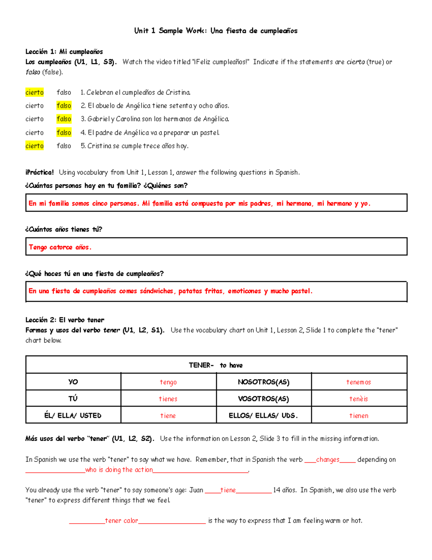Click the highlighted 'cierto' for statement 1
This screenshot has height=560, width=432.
pyautogui.click(x=35, y=93)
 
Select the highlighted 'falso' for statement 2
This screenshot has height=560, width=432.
pyautogui.click(x=64, y=106)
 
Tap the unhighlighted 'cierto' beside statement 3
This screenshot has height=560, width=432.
pyautogui.click(x=35, y=119)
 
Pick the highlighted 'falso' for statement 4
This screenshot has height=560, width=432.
pyautogui.click(x=64, y=133)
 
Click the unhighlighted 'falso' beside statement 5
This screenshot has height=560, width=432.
pyautogui.click(x=64, y=146)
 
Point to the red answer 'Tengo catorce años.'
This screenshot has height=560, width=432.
pyautogui.click(x=60, y=247)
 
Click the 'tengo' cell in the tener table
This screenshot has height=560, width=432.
pyautogui.click(x=168, y=382)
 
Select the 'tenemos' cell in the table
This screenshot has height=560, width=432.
pyautogui.click(x=359, y=382)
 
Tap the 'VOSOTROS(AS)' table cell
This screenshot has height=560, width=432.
pyautogui.click(x=264, y=399)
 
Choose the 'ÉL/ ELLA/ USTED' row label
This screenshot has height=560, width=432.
pyautogui.click(x=73, y=415)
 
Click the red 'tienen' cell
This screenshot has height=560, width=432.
pyautogui.click(x=359, y=416)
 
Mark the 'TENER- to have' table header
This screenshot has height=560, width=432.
pyautogui.click(x=216, y=365)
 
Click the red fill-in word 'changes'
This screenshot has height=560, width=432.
pyautogui.click(x=328, y=460)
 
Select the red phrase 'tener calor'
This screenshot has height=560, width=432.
pyautogui.click(x=121, y=521)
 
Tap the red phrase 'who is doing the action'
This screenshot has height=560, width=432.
pyautogui.click(x=119, y=470)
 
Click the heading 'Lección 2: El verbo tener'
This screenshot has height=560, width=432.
pyautogui.click(x=65, y=320)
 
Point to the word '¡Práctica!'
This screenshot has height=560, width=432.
pyautogui.click(x=40, y=172)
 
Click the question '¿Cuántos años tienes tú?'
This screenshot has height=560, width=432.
pyautogui.click(x=64, y=229)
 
